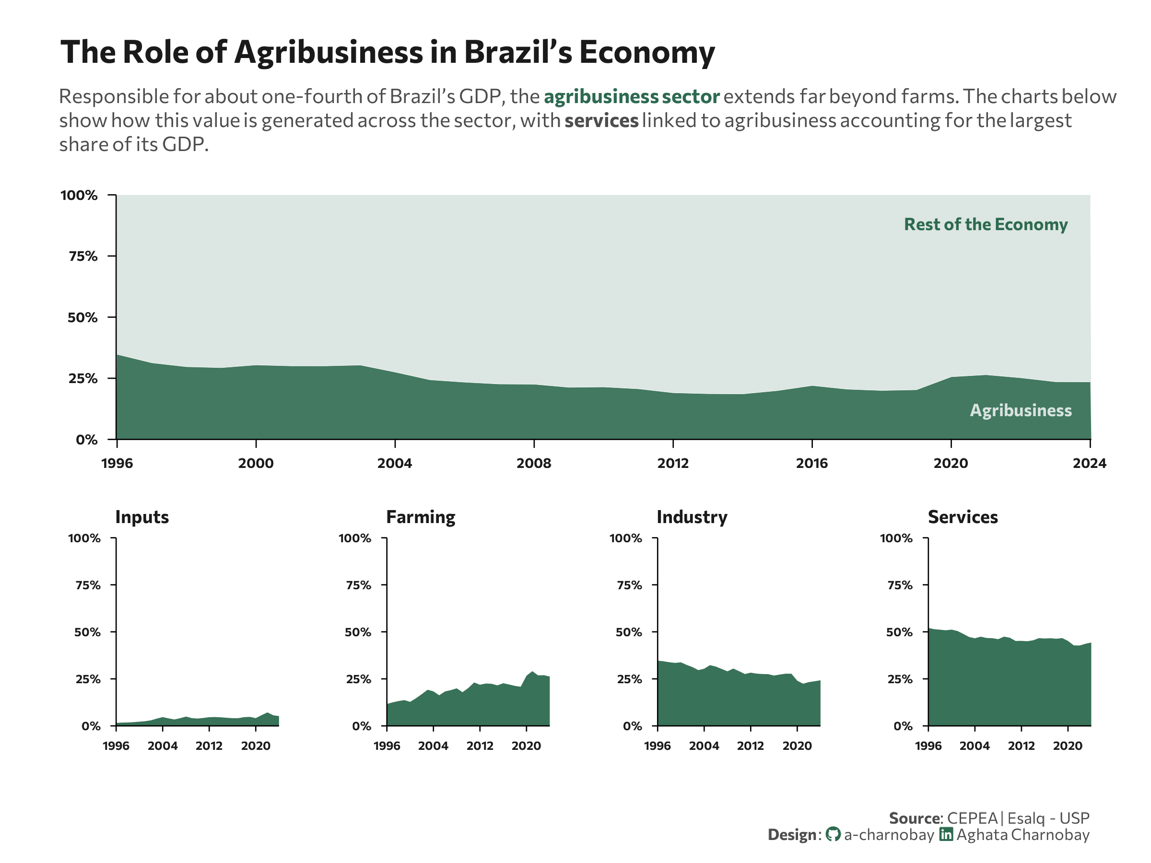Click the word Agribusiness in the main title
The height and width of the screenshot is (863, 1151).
[329, 53]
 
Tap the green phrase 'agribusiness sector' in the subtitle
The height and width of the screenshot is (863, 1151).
[632, 97]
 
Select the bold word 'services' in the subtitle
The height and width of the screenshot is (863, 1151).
[601, 121]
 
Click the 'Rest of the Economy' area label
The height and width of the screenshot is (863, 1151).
[986, 224]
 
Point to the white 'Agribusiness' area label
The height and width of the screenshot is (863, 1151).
[1021, 410]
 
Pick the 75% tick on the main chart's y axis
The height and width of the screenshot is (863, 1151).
[83, 256]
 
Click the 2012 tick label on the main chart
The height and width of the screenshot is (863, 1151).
[673, 464]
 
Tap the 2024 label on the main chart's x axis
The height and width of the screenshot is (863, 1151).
[1090, 464]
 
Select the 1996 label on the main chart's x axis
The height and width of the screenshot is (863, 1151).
[117, 464]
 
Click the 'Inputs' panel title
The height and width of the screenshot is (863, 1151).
[142, 517]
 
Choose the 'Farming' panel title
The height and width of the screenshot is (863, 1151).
[421, 517]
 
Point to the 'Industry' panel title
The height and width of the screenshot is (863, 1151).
[692, 517]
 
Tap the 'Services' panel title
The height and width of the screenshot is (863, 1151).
[963, 517]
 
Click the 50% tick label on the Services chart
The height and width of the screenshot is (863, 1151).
[899, 632]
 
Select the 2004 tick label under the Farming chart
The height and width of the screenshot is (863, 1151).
[433, 746]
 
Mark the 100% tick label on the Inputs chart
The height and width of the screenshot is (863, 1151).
[84, 538]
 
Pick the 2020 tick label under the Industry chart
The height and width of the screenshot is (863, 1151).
[797, 746]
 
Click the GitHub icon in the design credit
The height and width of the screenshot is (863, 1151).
[833, 834]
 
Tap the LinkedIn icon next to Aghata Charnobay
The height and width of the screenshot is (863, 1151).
[946, 834]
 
